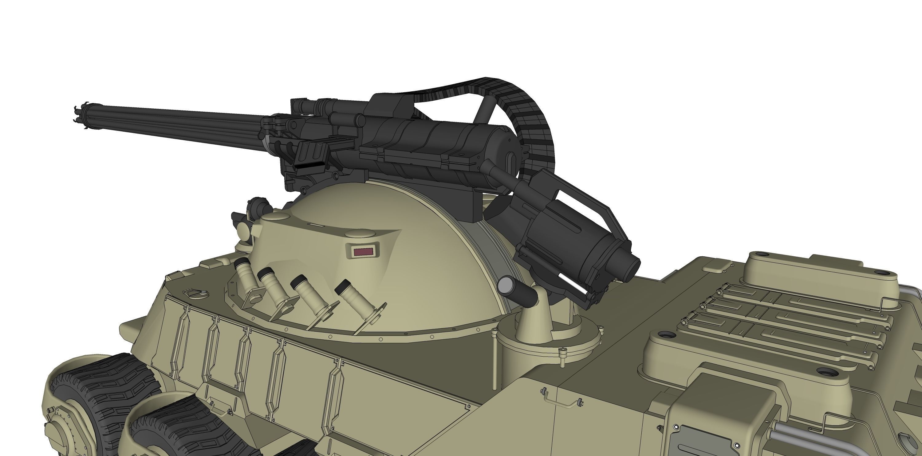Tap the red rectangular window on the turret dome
point(362,251)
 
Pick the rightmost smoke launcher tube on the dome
point(355,295)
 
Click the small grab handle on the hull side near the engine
point(561,398)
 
